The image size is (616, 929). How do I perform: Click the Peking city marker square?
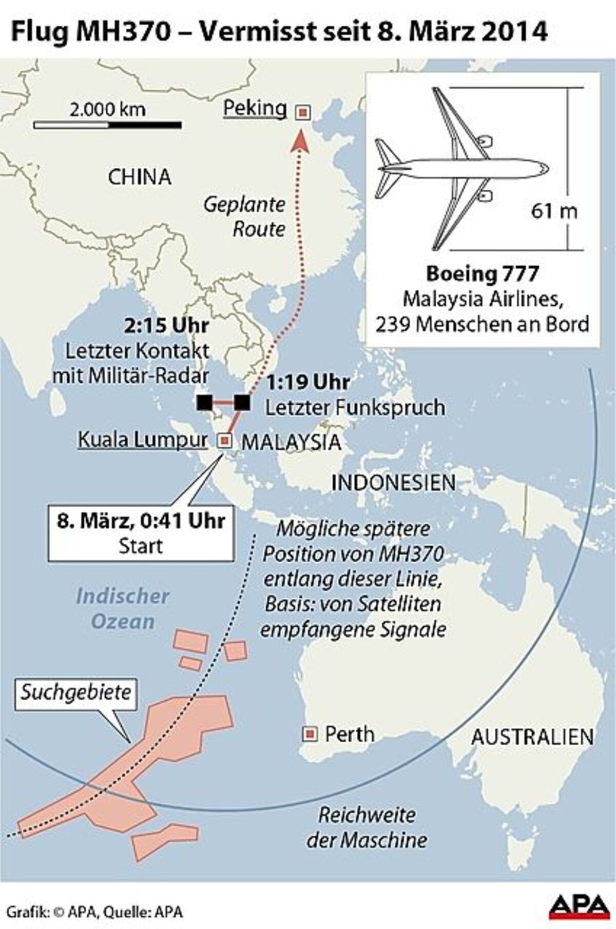(x=303, y=112)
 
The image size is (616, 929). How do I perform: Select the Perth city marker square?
(x=310, y=734)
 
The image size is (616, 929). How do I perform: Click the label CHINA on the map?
(x=139, y=177)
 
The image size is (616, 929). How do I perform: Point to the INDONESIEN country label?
(x=394, y=483)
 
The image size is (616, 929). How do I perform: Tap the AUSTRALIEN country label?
(x=532, y=737)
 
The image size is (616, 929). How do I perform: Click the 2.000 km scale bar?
(x=108, y=124)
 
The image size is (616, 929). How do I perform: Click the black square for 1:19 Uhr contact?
(x=242, y=403)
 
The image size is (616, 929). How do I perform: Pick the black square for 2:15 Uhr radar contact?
(x=204, y=403)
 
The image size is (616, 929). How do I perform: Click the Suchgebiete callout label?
(x=76, y=693)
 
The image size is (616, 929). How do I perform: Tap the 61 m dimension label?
(x=554, y=211)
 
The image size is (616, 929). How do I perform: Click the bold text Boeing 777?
(x=482, y=274)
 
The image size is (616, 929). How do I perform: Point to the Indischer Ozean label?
(x=123, y=609)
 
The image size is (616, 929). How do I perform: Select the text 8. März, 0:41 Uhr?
(x=141, y=521)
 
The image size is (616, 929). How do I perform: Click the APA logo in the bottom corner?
(x=577, y=905)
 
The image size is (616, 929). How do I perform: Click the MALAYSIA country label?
(x=291, y=442)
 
